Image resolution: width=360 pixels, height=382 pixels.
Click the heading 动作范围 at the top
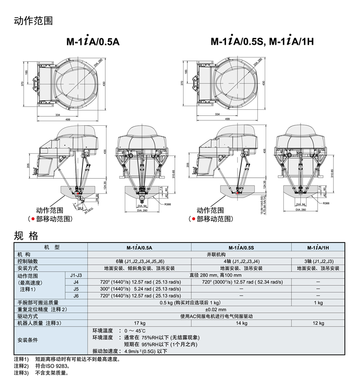tap(33, 21)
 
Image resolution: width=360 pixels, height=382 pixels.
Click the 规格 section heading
tap(26, 236)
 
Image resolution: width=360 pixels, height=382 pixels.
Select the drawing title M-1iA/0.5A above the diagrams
tap(93, 41)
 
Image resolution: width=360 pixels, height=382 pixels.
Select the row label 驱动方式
tap(27, 316)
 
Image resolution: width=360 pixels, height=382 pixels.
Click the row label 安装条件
tap(27, 340)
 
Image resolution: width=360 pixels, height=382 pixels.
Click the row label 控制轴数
tap(27, 261)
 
